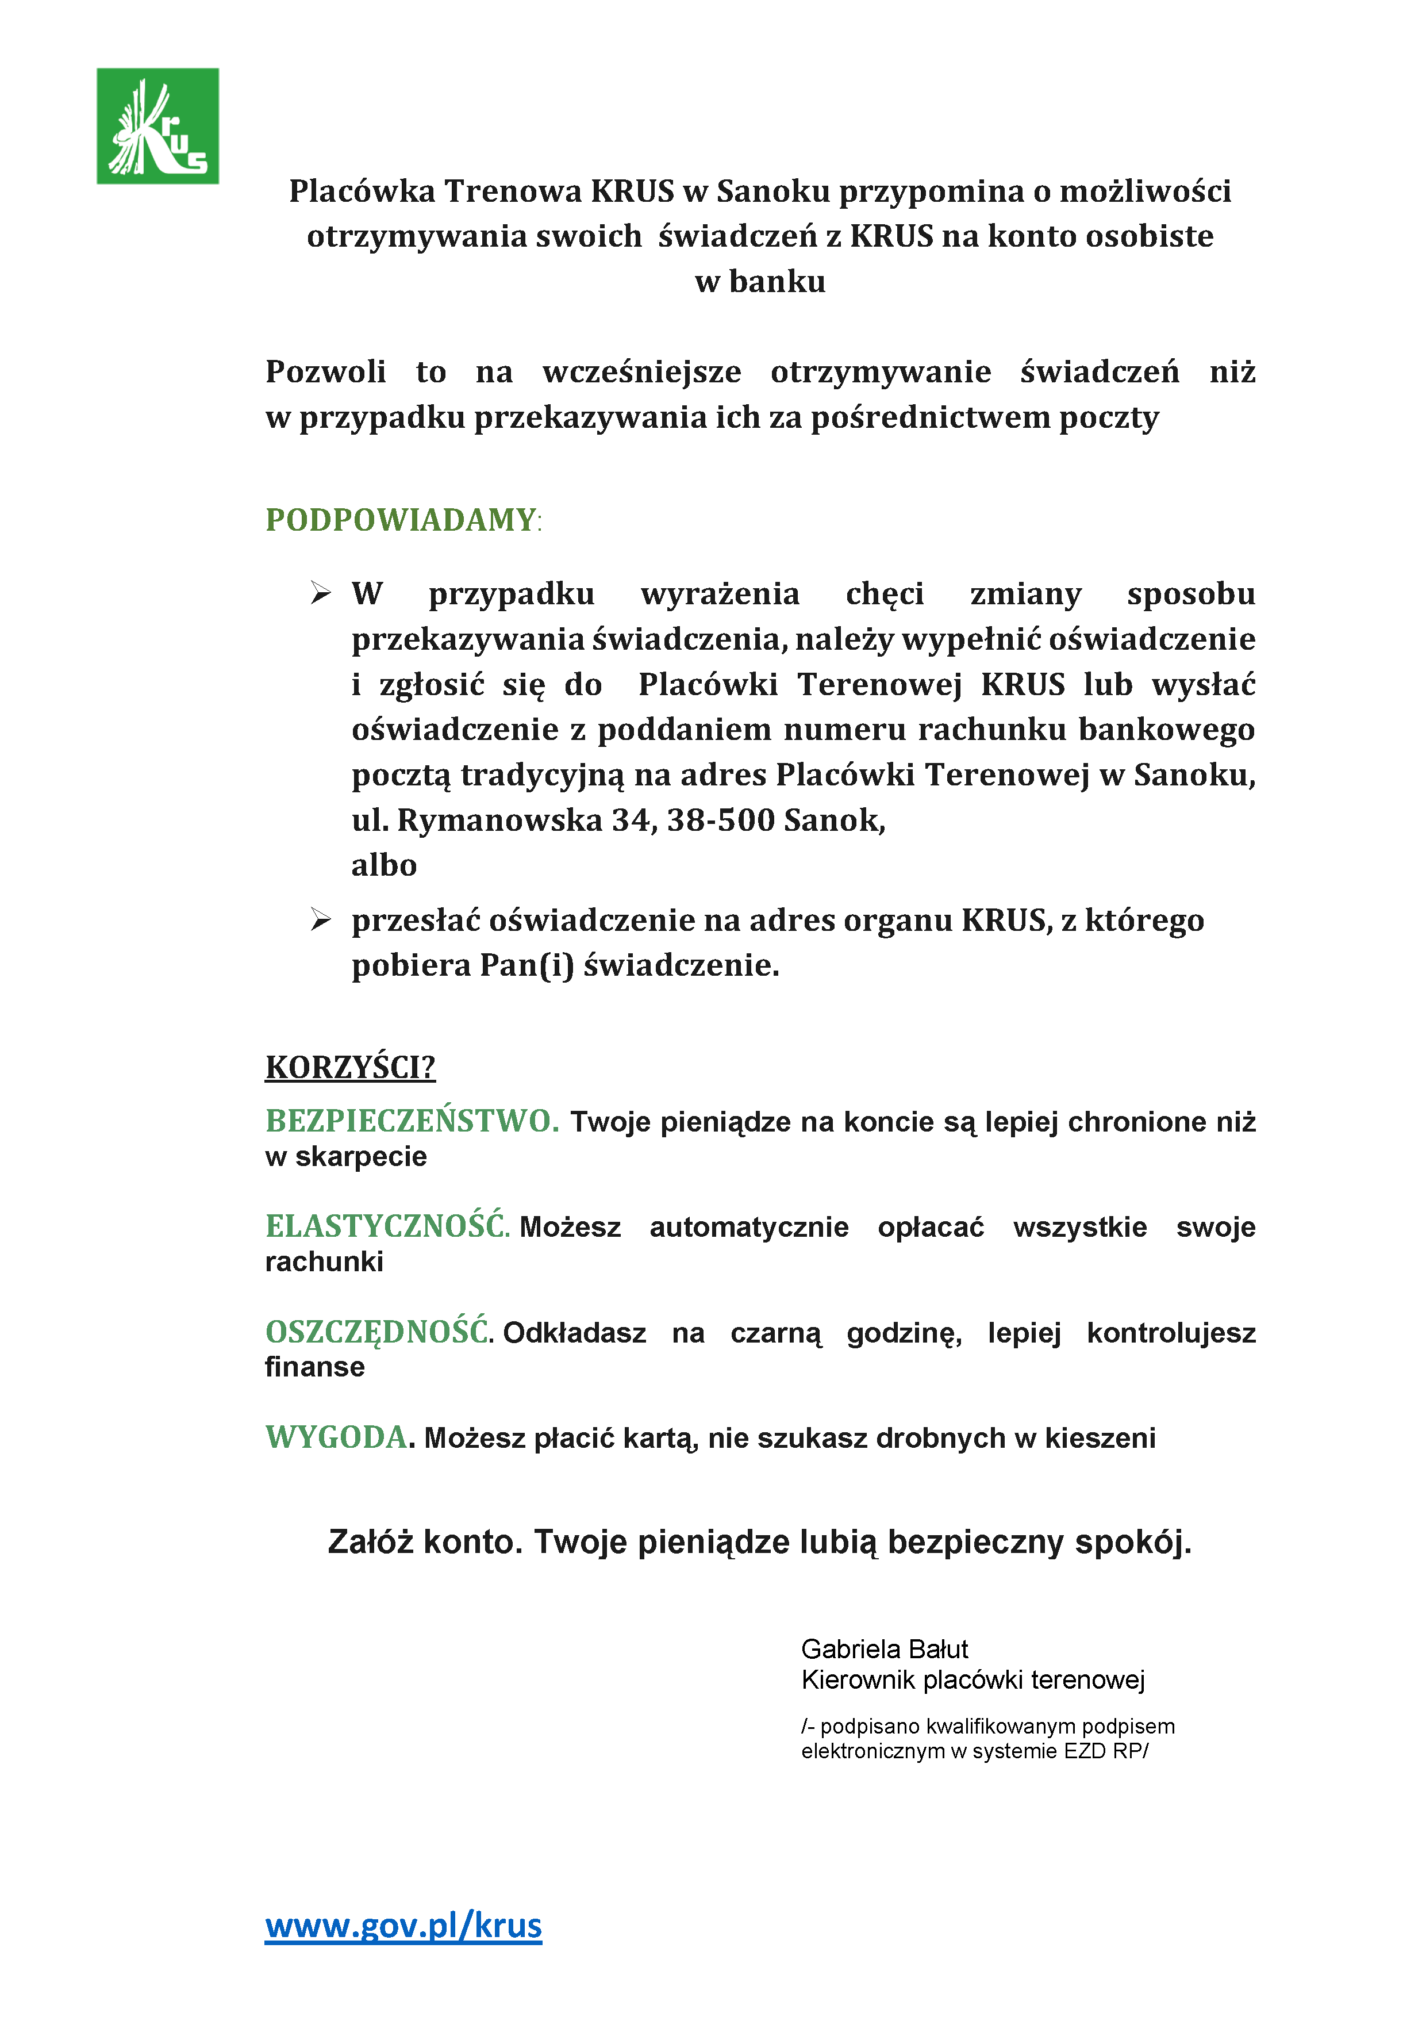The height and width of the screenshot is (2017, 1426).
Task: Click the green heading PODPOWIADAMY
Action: (401, 520)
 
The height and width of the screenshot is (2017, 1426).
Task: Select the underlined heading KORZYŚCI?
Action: (351, 1067)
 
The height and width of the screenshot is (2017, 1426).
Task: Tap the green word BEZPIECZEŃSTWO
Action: (411, 1121)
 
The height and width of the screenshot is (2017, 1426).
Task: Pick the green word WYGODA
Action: (336, 1437)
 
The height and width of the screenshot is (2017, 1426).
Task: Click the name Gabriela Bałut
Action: (884, 1649)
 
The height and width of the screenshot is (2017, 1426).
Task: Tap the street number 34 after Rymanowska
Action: (631, 820)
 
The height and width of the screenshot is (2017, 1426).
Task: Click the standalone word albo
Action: (384, 865)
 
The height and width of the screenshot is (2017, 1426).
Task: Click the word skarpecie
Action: (361, 1157)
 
